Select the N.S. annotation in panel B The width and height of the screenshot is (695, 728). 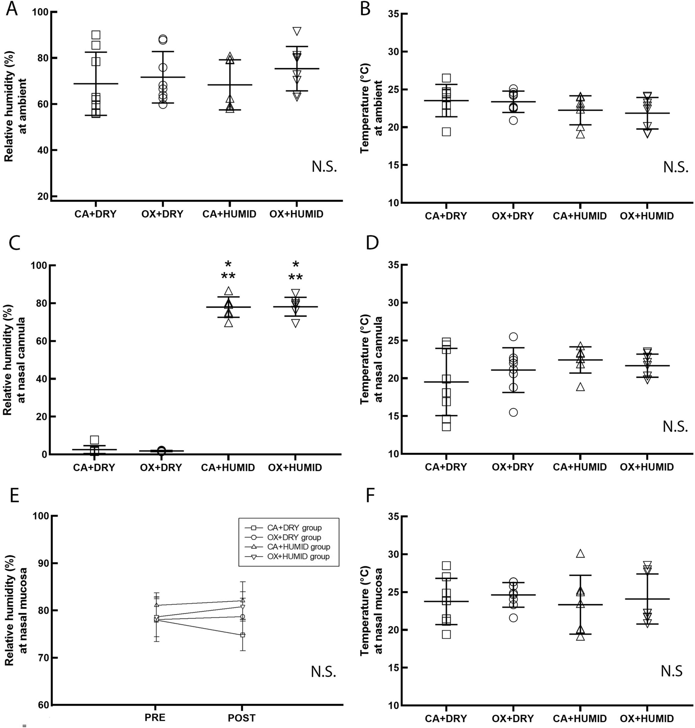pyautogui.click(x=675, y=167)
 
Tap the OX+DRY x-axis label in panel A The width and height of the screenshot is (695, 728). pyautogui.click(x=162, y=214)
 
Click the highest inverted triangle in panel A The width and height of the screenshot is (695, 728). pyautogui.click(x=296, y=31)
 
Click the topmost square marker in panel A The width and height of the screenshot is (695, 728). pyautogui.click(x=96, y=35)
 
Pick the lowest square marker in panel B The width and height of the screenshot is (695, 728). pyautogui.click(x=446, y=132)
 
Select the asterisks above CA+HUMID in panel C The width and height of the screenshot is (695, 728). pyautogui.click(x=228, y=271)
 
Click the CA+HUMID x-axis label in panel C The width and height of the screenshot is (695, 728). pyautogui.click(x=228, y=468)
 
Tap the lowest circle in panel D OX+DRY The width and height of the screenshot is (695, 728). pyautogui.click(x=513, y=413)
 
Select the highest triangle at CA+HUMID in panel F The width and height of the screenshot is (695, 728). pyautogui.click(x=580, y=554)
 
